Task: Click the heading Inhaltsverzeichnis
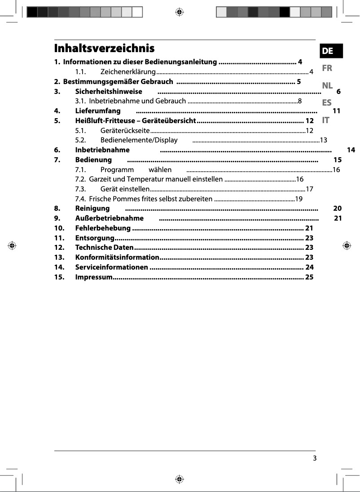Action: (x=104, y=49)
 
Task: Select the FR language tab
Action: (x=327, y=69)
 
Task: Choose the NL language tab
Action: (x=327, y=85)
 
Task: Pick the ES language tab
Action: (x=327, y=102)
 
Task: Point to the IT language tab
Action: (x=326, y=120)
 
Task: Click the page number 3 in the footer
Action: (x=315, y=458)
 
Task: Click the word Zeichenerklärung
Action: (x=128, y=72)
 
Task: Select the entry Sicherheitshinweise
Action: (x=109, y=92)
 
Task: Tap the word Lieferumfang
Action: (x=98, y=111)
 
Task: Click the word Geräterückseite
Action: (x=125, y=131)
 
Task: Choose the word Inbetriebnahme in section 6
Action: (x=102, y=150)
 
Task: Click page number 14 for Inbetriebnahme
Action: (x=351, y=150)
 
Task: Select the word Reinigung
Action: (x=92, y=208)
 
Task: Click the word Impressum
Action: (x=94, y=277)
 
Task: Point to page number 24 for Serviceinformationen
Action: (x=309, y=267)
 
